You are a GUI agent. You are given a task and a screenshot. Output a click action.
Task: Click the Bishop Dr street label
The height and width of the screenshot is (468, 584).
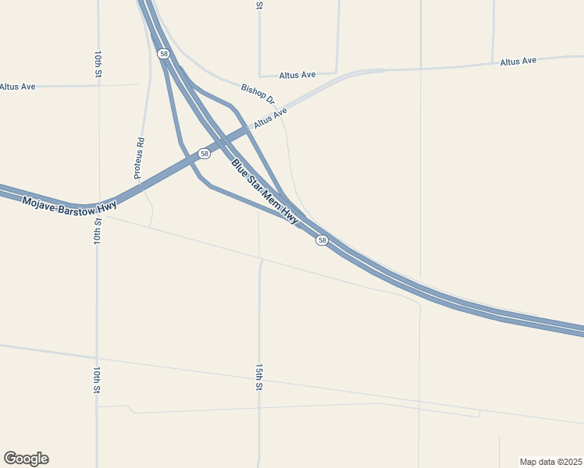(x=258, y=94)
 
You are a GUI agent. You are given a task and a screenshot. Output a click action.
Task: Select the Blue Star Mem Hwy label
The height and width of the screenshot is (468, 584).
(x=265, y=193)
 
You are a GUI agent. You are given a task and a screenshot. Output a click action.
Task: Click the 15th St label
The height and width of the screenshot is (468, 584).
(x=258, y=376)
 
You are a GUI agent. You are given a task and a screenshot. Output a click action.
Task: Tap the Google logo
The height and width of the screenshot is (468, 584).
(x=26, y=459)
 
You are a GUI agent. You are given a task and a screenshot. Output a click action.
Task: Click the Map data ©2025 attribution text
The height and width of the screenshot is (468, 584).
(x=551, y=462)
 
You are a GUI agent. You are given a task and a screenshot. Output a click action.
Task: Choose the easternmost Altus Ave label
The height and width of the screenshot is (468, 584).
(x=518, y=61)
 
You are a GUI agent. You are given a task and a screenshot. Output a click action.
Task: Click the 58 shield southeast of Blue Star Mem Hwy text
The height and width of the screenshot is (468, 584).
(x=322, y=241)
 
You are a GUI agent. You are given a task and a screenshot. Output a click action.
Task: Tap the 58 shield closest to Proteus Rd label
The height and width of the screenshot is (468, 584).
(x=204, y=154)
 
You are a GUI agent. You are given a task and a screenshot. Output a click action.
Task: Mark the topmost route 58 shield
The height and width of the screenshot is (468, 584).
(x=162, y=53)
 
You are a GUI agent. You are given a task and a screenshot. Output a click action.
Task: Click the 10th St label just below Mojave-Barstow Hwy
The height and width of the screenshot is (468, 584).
(x=98, y=232)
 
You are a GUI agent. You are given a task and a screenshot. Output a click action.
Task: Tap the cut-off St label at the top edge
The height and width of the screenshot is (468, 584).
(x=259, y=5)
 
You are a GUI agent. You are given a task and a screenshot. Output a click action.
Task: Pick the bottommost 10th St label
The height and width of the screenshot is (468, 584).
(x=97, y=379)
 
